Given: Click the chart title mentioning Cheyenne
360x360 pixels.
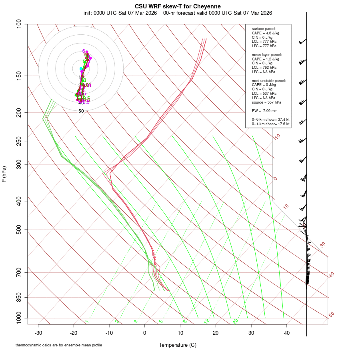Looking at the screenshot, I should (178, 6).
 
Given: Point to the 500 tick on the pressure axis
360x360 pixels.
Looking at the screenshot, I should (19, 230).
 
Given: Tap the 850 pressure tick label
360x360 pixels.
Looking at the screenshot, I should (19, 298).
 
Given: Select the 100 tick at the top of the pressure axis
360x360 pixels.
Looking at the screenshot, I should (19, 24).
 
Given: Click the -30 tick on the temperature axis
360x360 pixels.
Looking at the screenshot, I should (38, 333).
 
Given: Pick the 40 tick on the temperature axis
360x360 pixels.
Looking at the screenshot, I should (287, 333).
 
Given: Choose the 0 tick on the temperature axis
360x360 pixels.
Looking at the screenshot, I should (145, 333).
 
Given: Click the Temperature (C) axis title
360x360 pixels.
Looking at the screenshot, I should (178, 345).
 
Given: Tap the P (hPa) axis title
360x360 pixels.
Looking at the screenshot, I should (4, 174).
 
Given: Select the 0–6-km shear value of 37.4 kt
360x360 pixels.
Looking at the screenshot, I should (270, 120).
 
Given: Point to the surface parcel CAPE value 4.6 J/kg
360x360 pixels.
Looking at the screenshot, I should (266, 33).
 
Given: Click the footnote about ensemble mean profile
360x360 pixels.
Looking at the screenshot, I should (59, 345).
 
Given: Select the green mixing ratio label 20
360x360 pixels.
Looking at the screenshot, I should (235, 321).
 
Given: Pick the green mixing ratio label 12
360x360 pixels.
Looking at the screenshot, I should (207, 321).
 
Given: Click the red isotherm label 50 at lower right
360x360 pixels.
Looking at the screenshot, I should (331, 315).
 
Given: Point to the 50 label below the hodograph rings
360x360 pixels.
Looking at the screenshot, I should (81, 111).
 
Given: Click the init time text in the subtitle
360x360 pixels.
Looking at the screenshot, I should (120, 13).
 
